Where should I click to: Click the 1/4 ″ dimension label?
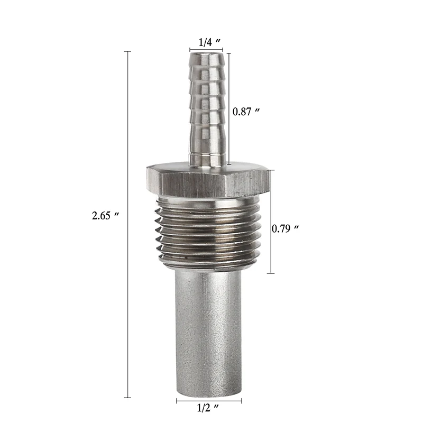209,42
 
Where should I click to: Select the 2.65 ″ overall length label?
105,216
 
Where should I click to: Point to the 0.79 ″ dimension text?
285,229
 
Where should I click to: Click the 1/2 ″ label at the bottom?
208,408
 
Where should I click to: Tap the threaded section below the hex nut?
208,233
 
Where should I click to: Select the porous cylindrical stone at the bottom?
208,333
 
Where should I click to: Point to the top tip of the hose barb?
207,53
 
